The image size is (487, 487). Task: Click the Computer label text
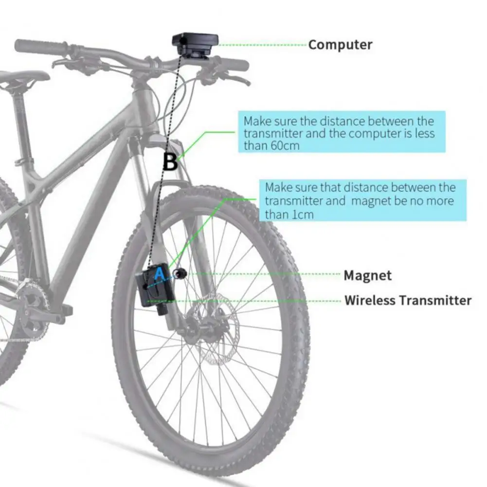click(340, 45)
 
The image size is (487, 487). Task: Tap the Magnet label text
click(367, 275)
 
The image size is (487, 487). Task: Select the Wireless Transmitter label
click(408, 300)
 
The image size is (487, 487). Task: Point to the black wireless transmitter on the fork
click(151, 289)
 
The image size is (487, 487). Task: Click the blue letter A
click(160, 275)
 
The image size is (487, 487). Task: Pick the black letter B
click(170, 162)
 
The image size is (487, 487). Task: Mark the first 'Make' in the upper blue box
click(258, 121)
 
